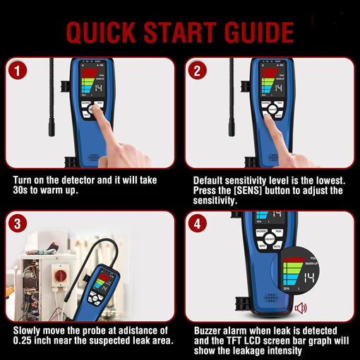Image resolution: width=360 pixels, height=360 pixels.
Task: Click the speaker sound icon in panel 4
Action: click(x=301, y=308)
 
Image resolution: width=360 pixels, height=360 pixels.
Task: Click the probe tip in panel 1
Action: click(x=52, y=129)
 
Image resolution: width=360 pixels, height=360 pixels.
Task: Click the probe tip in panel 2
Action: click(x=230, y=129)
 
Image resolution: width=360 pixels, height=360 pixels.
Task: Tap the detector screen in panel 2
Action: click(x=272, y=83)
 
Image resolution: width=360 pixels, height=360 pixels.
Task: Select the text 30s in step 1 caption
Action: click(x=24, y=191)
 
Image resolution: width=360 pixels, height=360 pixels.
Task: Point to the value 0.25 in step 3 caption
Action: click(x=25, y=341)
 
